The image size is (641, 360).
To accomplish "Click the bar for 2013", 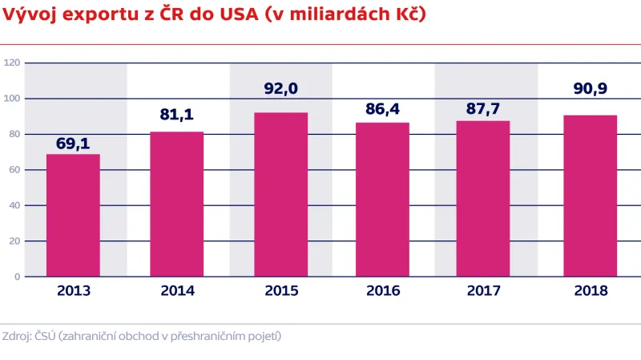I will click(x=73, y=215).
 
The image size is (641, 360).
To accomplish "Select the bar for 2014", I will click(x=177, y=204).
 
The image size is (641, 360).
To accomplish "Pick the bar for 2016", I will click(x=383, y=200).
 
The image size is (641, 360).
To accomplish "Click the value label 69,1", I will click(x=73, y=144).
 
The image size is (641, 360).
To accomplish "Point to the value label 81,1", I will click(x=177, y=115).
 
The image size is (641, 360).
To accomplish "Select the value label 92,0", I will click(x=280, y=89).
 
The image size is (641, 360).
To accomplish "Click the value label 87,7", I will click(x=483, y=106).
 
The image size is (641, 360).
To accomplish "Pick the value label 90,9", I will click(x=591, y=91).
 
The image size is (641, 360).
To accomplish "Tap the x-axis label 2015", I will click(x=280, y=291).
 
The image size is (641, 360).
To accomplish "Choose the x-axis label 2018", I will click(x=591, y=291).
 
